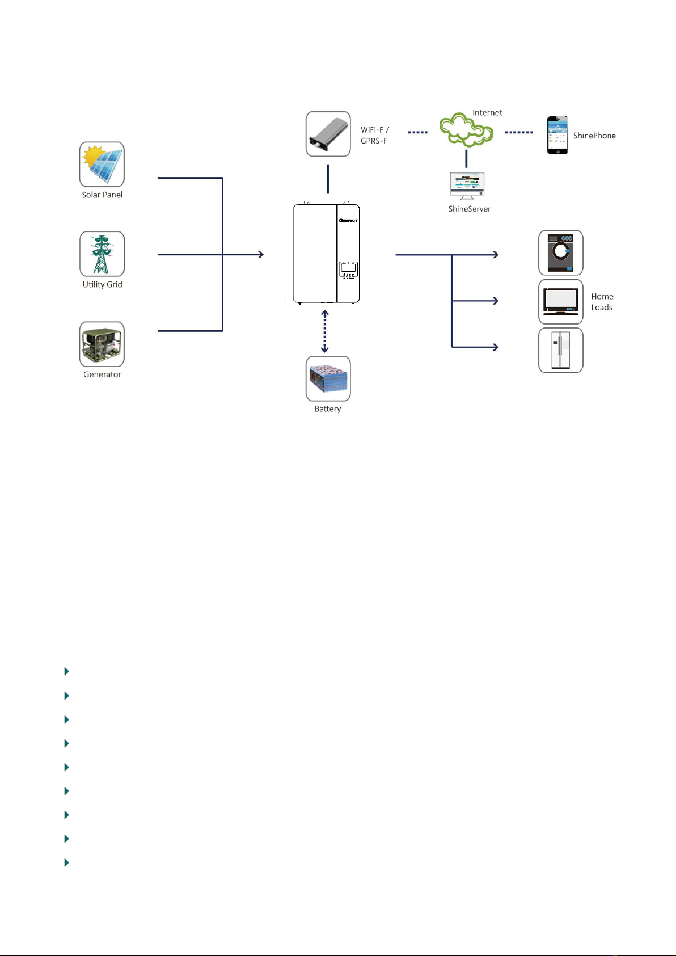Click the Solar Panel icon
pyautogui.click(x=102, y=165)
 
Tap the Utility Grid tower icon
pyautogui.click(x=102, y=254)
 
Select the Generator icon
pyautogui.click(x=102, y=344)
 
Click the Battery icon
pyautogui.click(x=328, y=378)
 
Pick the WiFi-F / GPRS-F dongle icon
pyautogui.click(x=328, y=134)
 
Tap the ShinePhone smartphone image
pyautogui.click(x=557, y=135)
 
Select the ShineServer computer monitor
pyautogui.click(x=467, y=186)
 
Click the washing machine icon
pyautogui.click(x=560, y=252)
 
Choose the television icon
pyautogui.click(x=560, y=302)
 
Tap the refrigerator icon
pyautogui.click(x=560, y=350)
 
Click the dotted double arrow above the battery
pyautogui.click(x=324, y=331)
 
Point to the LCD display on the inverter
pyautogui.click(x=348, y=268)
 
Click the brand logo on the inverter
pyautogui.click(x=348, y=221)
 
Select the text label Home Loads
pyautogui.click(x=602, y=302)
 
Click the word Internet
pyautogui.click(x=487, y=113)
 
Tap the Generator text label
pyautogui.click(x=102, y=374)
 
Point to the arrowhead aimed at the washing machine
pyautogui.click(x=496, y=254)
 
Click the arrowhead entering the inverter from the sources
pyautogui.click(x=261, y=254)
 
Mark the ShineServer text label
pyautogui.click(x=469, y=209)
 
